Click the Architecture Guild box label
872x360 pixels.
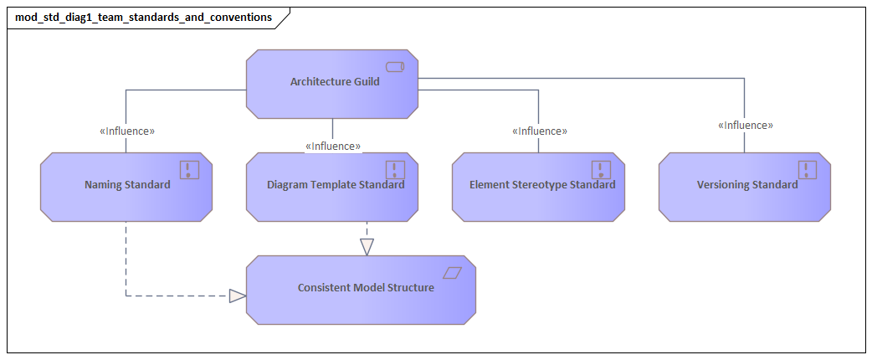335,82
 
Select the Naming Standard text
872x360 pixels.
127,185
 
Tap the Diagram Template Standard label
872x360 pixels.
335,185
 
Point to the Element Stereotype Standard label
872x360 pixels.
541,185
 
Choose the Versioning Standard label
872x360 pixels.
746,185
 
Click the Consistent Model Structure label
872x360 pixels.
366,288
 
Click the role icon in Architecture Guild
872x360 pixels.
395,66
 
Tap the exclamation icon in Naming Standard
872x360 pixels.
190,170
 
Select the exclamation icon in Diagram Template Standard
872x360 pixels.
395,170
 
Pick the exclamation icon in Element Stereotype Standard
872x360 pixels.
601,170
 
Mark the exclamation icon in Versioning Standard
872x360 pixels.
807,170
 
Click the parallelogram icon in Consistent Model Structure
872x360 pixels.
452,273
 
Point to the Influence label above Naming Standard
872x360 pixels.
127,131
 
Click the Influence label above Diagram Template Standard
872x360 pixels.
333,147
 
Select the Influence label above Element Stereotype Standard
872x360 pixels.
540,131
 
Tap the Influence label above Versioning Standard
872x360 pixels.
745,126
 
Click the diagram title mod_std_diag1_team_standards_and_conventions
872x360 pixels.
143,17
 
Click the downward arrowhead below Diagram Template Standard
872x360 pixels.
367,247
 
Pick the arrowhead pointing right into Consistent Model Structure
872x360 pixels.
238,296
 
